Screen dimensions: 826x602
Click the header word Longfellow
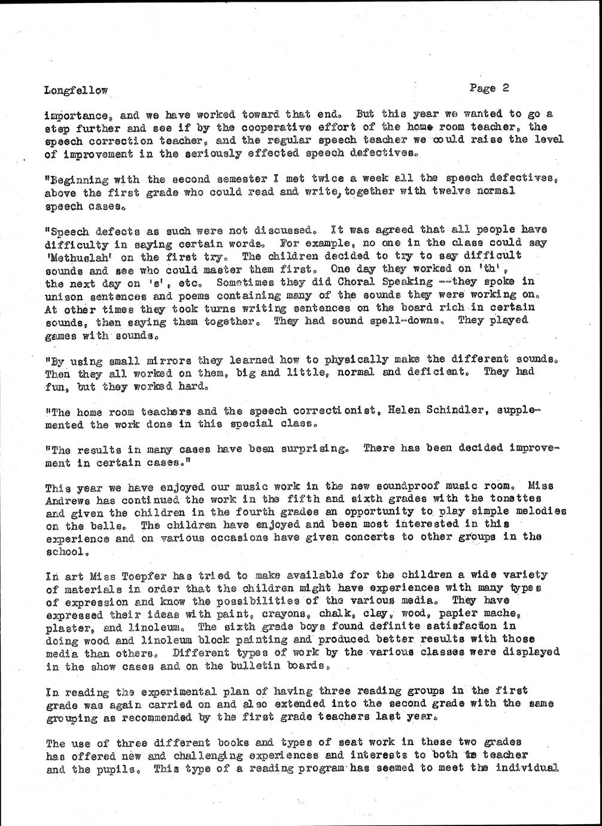tap(76, 91)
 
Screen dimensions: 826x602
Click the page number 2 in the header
tap(506, 87)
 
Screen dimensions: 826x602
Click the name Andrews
tap(66, 499)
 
